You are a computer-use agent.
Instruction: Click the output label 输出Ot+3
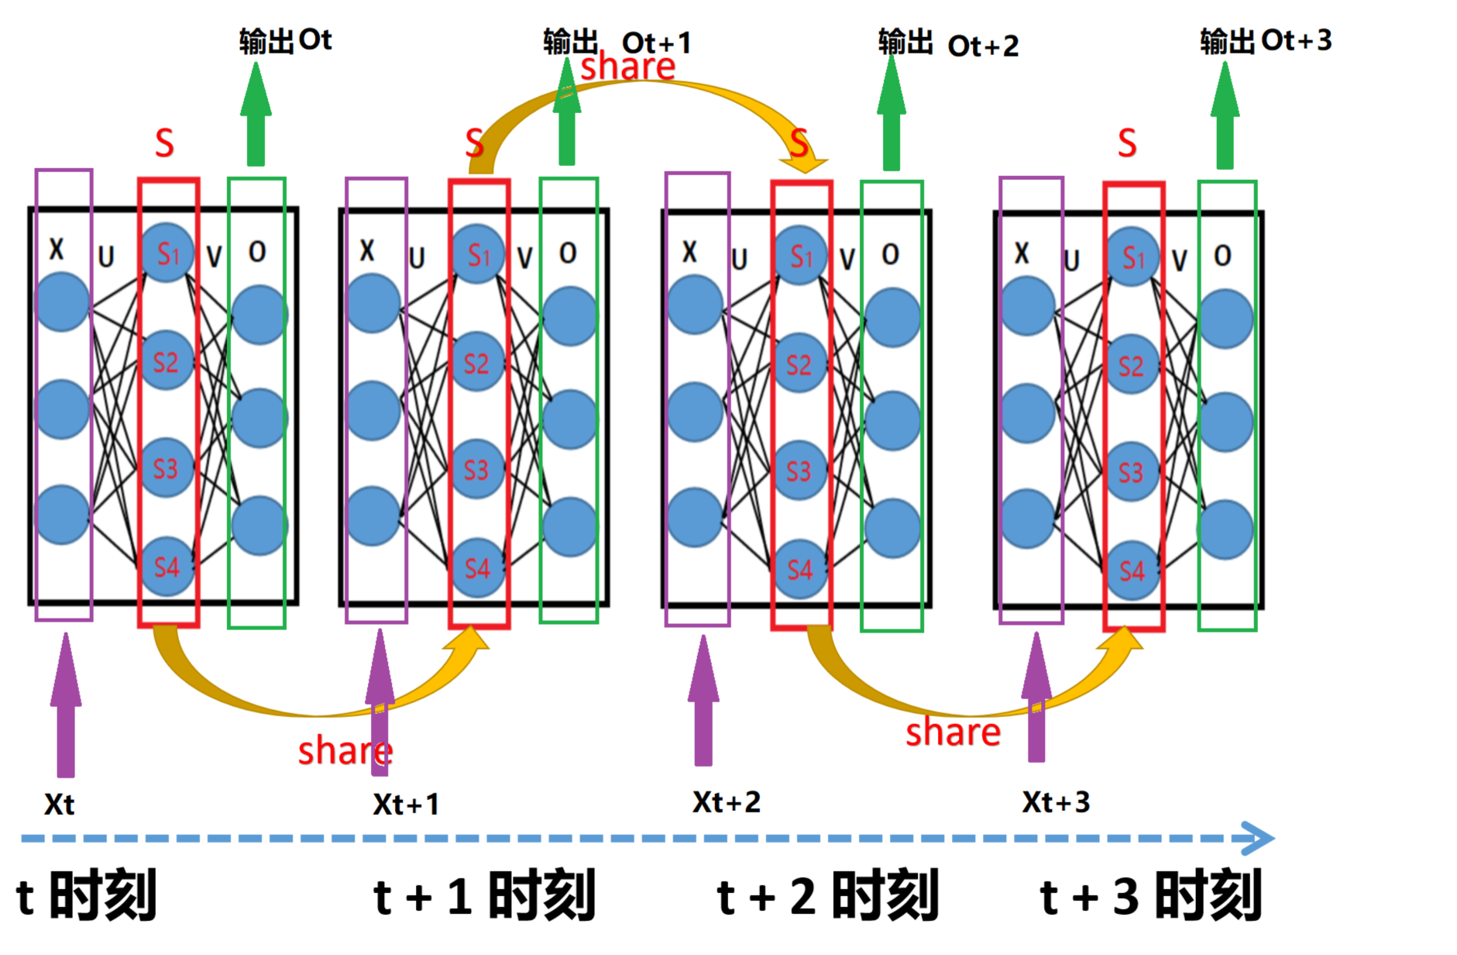click(x=1266, y=40)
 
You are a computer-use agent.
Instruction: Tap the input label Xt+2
click(x=726, y=802)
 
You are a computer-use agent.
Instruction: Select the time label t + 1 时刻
click(x=484, y=896)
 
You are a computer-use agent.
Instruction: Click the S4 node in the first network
click(x=167, y=567)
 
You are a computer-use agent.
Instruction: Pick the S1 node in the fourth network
click(x=1132, y=257)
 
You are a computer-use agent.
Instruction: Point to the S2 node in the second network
click(x=476, y=363)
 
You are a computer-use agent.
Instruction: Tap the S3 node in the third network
click(x=799, y=471)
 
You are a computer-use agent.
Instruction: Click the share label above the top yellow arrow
click(x=628, y=67)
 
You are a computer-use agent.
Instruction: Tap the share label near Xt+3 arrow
click(x=953, y=732)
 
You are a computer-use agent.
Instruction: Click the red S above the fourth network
click(x=1127, y=143)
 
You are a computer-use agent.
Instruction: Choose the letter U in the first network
click(x=106, y=257)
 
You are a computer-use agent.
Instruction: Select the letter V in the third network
click(x=847, y=259)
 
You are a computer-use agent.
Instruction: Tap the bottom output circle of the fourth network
click(x=1225, y=529)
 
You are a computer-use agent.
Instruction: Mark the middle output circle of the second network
click(x=570, y=419)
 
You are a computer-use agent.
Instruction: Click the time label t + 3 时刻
click(x=1150, y=896)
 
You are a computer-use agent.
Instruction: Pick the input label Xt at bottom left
click(x=59, y=804)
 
